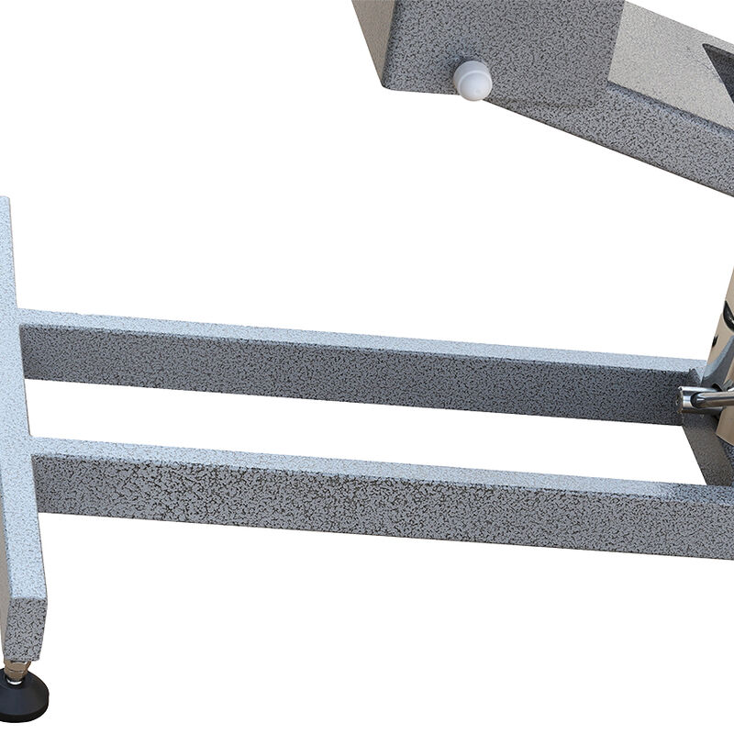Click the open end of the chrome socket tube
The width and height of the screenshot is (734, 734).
point(685,399)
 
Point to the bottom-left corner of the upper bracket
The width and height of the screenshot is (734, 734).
point(386,87)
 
